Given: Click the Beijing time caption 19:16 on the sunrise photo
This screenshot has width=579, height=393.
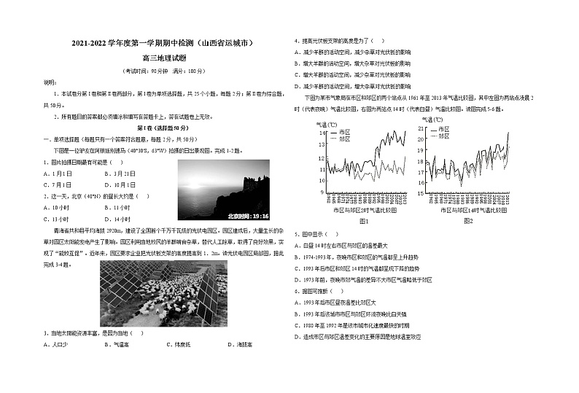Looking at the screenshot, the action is click(x=248, y=216).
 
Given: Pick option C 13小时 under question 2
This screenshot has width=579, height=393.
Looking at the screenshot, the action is click(x=59, y=219).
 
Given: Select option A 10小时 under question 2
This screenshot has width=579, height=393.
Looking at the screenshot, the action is click(x=59, y=208).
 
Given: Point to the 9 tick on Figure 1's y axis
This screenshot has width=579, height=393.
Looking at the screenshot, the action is click(x=323, y=192).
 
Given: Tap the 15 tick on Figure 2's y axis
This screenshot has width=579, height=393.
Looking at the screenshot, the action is click(x=420, y=193).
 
